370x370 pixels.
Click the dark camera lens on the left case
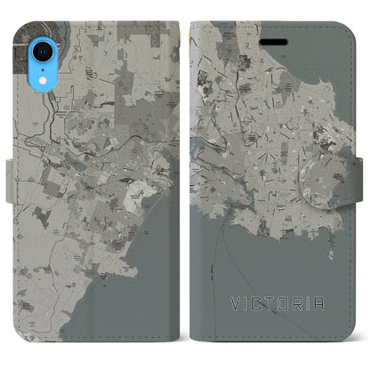pos(26,20)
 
